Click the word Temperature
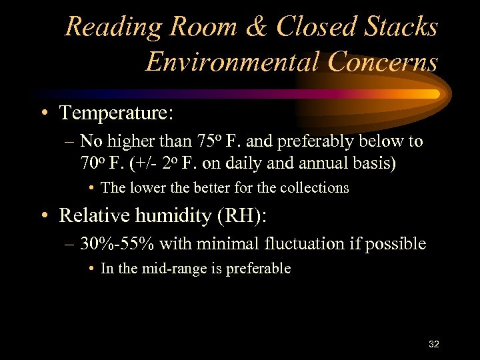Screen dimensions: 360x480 coord(116,113)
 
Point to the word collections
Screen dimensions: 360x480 coord(314,188)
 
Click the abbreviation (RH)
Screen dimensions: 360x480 coord(245,216)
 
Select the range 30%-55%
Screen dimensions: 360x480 coord(117,244)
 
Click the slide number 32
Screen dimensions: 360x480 coord(433,344)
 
